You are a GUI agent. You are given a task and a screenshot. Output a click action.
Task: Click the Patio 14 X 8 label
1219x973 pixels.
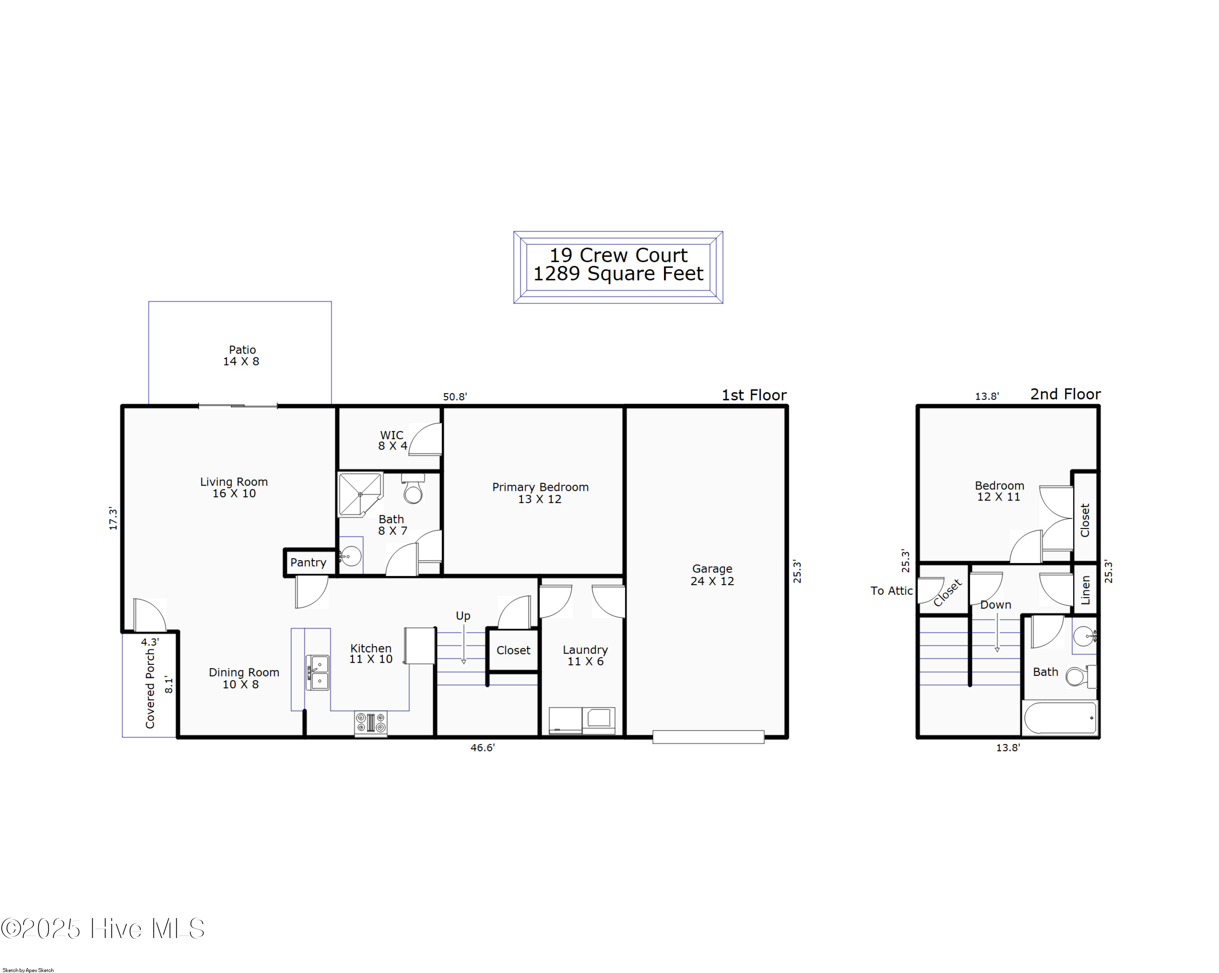coord(241,356)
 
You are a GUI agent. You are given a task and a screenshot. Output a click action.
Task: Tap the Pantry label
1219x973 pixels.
coord(308,563)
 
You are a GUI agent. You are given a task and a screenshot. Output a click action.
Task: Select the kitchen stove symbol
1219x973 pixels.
coord(371,723)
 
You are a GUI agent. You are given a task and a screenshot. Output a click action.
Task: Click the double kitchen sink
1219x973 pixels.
coord(318,673)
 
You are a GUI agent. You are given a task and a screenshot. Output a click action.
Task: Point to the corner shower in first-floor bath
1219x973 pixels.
coord(360,494)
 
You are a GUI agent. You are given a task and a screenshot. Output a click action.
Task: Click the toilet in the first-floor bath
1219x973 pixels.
coord(413,489)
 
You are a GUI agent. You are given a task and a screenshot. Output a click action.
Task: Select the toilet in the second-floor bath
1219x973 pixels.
coord(1081,676)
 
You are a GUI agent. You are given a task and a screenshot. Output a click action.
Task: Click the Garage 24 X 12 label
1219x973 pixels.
coord(712,575)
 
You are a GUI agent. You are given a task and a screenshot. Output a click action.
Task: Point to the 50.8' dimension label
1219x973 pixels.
coord(455,396)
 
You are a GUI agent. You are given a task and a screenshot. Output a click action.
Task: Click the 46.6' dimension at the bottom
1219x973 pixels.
coord(483,747)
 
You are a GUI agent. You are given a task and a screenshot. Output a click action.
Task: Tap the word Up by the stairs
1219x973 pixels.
coord(463,616)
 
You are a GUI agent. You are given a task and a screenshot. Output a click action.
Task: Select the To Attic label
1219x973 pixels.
coord(891,590)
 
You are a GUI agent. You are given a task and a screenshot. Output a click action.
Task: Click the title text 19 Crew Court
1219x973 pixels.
coord(618,255)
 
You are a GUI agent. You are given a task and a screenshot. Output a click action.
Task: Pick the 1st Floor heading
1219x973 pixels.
coord(754,395)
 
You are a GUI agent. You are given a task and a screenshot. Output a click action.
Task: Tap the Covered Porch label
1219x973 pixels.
coord(150,688)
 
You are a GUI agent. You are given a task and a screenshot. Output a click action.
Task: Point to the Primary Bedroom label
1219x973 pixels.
coord(540,493)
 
